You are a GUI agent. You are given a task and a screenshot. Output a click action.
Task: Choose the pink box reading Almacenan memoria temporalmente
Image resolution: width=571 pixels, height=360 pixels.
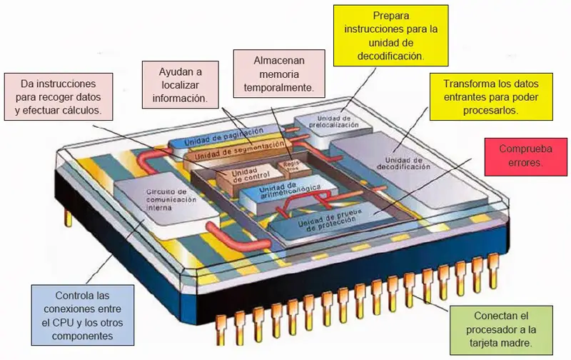pos(280,74)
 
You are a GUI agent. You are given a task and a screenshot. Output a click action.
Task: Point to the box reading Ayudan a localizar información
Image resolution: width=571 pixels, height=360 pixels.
pos(181,83)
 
